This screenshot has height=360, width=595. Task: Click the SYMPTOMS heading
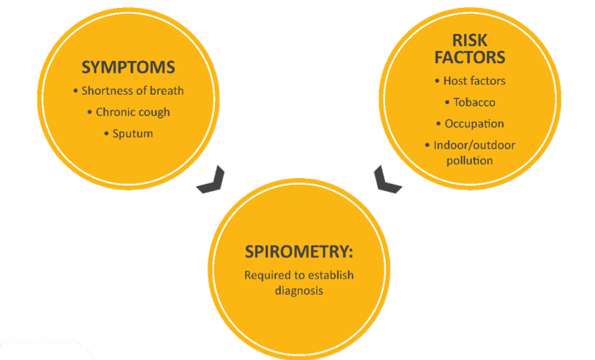tap(128, 68)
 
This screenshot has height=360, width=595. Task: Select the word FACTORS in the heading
tap(470, 57)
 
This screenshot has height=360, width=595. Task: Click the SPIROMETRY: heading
tap(299, 252)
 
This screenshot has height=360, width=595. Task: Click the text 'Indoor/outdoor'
tap(474, 145)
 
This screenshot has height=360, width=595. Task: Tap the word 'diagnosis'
tap(299, 290)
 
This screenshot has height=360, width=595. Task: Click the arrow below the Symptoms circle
tap(213, 180)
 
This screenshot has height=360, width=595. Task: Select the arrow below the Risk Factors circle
tap(388, 179)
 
